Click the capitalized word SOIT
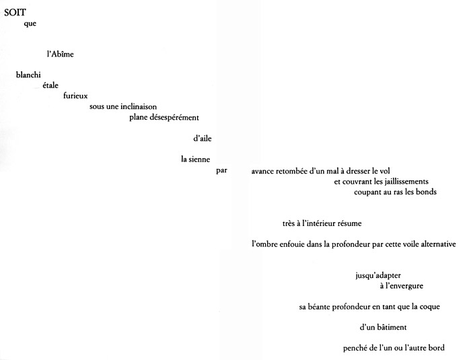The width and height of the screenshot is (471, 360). pos(15,12)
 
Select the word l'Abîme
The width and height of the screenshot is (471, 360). pos(60,54)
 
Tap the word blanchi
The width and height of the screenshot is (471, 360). pos(28,75)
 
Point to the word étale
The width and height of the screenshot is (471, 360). pos(50,85)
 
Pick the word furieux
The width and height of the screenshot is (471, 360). pos(75,96)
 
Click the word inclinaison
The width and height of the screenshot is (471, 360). pos(139,107)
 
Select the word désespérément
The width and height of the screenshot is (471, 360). pos(174,118)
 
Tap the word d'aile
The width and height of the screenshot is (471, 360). pos(203,138)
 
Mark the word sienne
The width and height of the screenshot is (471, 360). pos(199,159)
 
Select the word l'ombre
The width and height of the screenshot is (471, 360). pos(264,244)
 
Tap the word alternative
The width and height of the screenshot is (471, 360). pos(438,244)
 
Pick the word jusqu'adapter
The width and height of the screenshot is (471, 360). pos(378,276)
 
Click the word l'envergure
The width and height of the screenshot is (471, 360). pos(404,286)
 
